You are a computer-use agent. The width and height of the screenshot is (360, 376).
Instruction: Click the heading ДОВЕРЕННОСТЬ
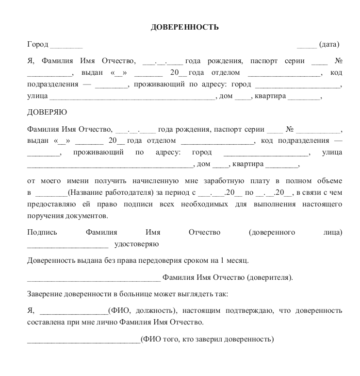[x=185, y=27]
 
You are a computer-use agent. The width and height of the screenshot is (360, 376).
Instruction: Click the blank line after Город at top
[x=66, y=45]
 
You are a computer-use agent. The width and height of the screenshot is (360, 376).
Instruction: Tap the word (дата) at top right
[x=329, y=45]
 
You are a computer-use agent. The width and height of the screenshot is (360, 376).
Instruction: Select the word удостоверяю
[x=136, y=243]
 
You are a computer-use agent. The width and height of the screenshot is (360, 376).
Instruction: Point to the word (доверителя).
[x=270, y=278]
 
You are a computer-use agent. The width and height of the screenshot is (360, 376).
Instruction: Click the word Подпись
[x=42, y=232]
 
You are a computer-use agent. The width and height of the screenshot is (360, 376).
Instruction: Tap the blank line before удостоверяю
[x=67, y=244]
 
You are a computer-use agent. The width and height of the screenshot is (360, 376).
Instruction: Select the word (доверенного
[x=272, y=232]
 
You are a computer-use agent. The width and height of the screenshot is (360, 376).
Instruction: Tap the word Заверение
[x=45, y=294]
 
